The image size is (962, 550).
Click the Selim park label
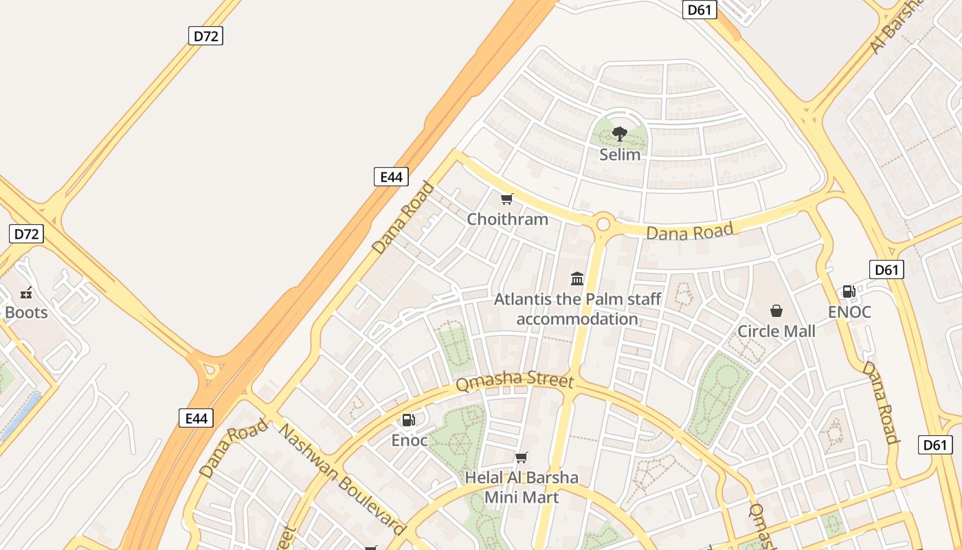coord(620,155)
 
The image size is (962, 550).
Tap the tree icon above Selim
coord(620,133)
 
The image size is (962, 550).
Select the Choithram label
coord(507,219)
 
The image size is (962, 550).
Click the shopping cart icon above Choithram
coord(507,199)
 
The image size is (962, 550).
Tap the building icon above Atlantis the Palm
coord(577,279)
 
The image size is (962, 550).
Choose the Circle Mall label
coord(776,331)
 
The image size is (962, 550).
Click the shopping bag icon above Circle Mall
coord(776,311)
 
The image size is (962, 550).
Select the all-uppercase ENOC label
coord(849,312)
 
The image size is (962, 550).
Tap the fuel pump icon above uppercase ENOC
coord(849,291)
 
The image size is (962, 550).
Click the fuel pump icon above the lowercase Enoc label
coord(409,419)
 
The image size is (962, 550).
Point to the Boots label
coord(26,313)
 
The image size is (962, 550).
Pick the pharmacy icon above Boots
coord(27,293)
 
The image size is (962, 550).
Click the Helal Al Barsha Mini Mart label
coord(522,487)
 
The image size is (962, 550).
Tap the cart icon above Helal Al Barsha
coord(522,457)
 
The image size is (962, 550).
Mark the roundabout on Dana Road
coord(604,224)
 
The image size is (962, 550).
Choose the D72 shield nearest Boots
coord(27,234)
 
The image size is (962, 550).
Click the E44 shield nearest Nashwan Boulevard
coord(196,418)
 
